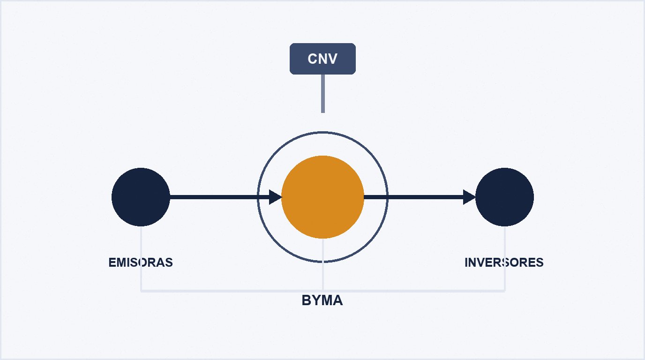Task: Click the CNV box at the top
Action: pos(322,59)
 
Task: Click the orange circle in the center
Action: pos(322,197)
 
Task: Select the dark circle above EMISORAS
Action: pos(141,197)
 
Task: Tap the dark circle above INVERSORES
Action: pos(504,197)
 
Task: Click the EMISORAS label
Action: pos(141,262)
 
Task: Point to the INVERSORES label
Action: pos(504,262)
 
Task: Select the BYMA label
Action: pos(322,300)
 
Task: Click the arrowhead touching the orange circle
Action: pos(275,197)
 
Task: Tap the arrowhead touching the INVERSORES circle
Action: pos(469,197)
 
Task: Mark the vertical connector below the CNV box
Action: pos(323,94)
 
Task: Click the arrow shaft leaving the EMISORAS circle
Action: pos(219,197)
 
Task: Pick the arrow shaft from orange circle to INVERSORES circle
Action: pos(413,197)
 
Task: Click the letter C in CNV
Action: pos(312,59)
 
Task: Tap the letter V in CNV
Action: pos(333,59)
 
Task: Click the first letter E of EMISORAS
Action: pos(112,262)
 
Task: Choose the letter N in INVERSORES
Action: pos(472,262)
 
